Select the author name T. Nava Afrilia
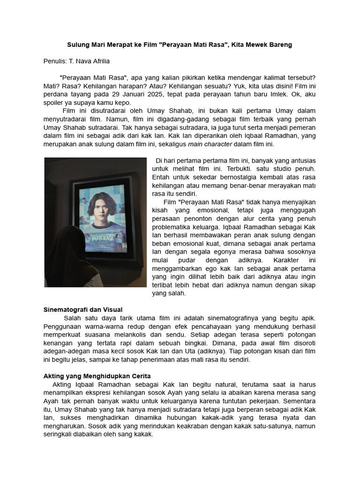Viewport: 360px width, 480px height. point(90,61)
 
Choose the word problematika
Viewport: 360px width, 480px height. point(173,226)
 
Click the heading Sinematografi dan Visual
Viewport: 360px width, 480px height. point(83,310)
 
